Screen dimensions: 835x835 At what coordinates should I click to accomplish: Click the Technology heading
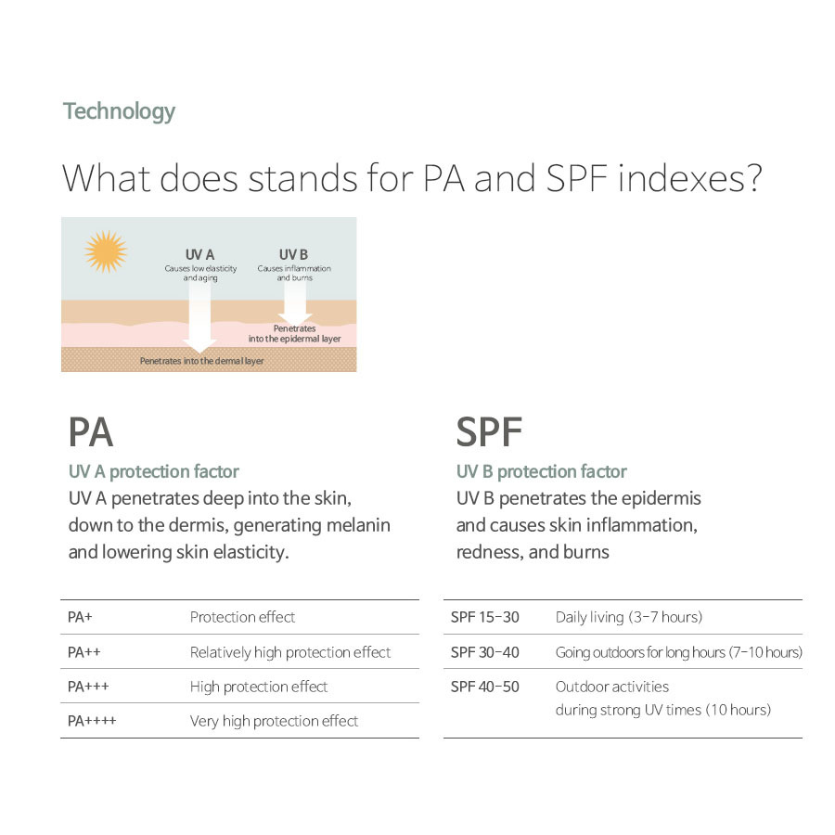120,112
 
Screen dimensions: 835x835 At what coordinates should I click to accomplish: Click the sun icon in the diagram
106,251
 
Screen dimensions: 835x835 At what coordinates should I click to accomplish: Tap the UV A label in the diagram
199,254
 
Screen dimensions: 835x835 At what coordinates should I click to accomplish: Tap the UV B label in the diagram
293,254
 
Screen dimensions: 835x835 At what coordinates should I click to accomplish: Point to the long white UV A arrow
199,317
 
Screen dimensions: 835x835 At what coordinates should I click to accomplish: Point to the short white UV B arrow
295,302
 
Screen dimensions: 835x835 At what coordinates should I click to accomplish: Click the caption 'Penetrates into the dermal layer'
202,361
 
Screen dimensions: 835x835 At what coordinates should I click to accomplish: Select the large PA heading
91,432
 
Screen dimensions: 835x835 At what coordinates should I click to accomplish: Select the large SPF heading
489,432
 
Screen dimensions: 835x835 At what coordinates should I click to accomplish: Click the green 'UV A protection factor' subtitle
154,471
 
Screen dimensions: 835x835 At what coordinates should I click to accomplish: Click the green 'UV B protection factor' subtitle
542,471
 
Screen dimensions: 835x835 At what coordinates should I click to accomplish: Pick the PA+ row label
80,617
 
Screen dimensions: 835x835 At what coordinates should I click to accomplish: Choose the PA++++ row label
92,721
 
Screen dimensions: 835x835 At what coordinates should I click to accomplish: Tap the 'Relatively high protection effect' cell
290,652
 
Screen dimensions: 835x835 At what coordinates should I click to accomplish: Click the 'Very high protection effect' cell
275,721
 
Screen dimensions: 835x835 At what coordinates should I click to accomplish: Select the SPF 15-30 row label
484,617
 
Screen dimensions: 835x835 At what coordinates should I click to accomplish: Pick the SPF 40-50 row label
484,687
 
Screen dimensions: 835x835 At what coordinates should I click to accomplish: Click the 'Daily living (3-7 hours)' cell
629,617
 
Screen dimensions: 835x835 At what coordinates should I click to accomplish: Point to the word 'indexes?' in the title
690,178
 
